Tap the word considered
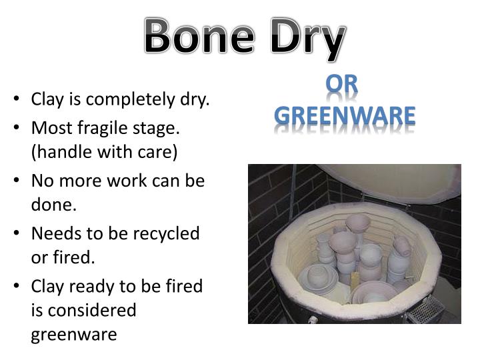click(84, 310)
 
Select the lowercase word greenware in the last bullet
click(74, 335)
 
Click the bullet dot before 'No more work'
click(16, 180)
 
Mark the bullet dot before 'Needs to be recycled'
click(16, 233)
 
